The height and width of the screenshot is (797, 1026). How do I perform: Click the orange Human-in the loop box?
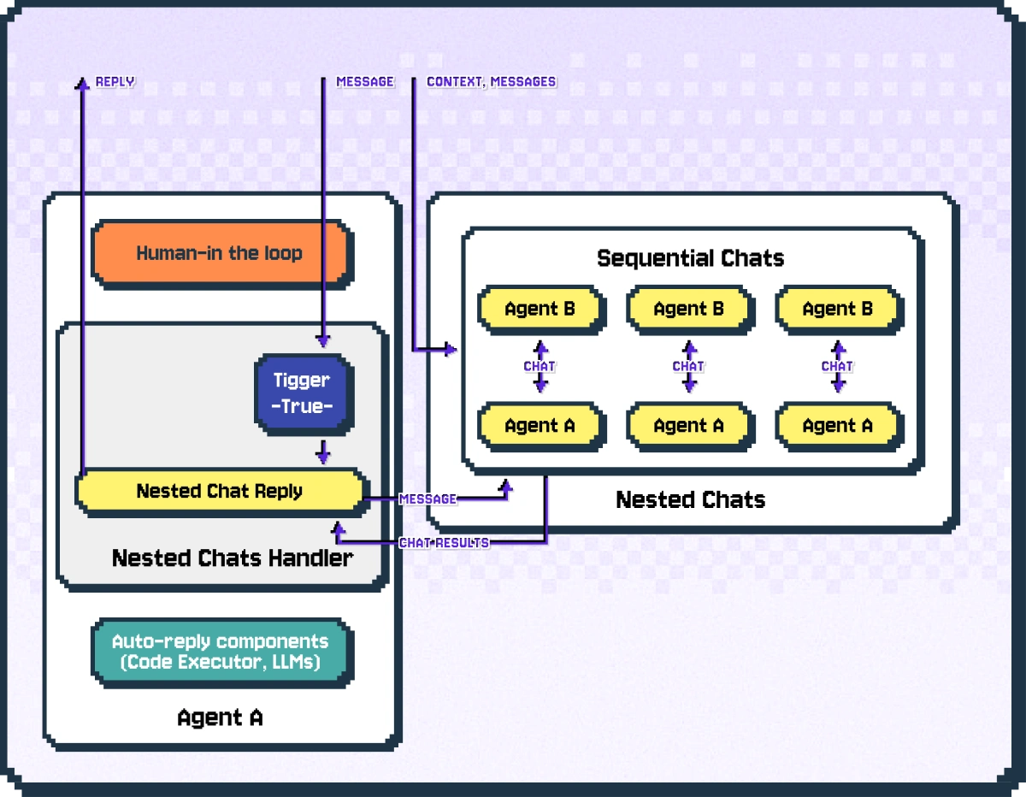point(220,253)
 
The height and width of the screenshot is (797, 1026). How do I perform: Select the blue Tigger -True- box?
point(301,393)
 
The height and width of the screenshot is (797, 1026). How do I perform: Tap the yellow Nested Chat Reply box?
point(219,491)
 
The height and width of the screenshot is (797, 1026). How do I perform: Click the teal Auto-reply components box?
point(219,652)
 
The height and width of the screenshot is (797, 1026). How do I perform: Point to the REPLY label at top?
point(115,82)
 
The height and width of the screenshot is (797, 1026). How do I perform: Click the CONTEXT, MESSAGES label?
point(491,82)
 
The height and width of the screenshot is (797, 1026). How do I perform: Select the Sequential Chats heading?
point(690,258)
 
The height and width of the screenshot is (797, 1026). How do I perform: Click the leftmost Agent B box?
point(540,310)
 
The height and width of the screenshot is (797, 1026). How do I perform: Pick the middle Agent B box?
point(688,310)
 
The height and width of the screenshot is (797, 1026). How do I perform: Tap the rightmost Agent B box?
point(837,310)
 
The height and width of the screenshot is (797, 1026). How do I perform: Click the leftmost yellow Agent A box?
point(540,426)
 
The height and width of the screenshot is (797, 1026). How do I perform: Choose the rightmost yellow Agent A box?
point(837,426)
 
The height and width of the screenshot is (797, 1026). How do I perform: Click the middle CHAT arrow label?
point(688,366)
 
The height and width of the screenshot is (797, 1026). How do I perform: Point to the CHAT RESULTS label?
point(444,543)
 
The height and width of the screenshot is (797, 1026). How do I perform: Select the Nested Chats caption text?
point(690,499)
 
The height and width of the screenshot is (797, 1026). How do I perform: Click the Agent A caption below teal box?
point(220,717)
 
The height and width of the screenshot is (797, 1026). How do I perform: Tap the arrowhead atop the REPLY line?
point(82,82)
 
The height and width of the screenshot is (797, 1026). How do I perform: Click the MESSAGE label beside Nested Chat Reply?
point(427,499)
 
